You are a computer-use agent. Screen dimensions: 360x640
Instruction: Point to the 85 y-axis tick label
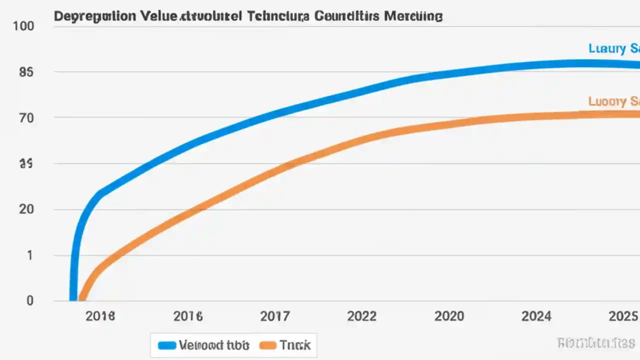tap(26, 72)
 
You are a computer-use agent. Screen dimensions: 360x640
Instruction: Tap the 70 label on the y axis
tap(26, 118)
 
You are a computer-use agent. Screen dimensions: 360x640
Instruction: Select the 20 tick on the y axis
tap(26, 209)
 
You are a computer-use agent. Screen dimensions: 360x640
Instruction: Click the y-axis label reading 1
tap(29, 255)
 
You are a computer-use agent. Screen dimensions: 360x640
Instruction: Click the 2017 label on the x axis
tap(275, 316)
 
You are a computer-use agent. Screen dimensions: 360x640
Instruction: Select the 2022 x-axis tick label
tap(361, 316)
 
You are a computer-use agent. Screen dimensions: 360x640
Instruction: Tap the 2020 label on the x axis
tap(449, 316)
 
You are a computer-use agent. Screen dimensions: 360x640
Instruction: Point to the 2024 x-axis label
tap(536, 316)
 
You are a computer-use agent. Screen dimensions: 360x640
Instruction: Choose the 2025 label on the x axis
tap(622, 316)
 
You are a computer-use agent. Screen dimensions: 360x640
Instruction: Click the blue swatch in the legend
tap(167, 345)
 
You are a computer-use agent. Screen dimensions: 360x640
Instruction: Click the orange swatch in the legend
tap(268, 345)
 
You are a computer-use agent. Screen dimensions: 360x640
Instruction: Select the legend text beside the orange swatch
tap(295, 345)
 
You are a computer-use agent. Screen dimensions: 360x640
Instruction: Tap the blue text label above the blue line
tap(614, 48)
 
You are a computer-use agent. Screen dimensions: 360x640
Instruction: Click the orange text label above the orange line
tap(614, 101)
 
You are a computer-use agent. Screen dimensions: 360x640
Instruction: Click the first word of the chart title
tap(94, 16)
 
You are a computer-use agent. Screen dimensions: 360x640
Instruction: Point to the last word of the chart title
tap(413, 16)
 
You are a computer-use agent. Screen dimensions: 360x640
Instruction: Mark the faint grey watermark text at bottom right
tap(595, 342)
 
